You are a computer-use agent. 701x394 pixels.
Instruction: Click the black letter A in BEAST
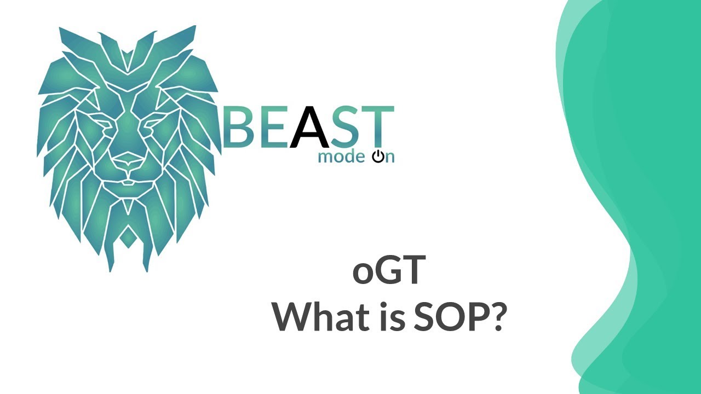click(309, 128)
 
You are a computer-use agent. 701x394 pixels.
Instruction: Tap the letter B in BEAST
click(237, 128)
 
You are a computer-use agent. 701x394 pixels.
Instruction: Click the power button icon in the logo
click(378, 158)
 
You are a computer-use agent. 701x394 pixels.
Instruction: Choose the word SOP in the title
click(445, 316)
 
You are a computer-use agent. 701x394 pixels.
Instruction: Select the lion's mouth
click(128, 181)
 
